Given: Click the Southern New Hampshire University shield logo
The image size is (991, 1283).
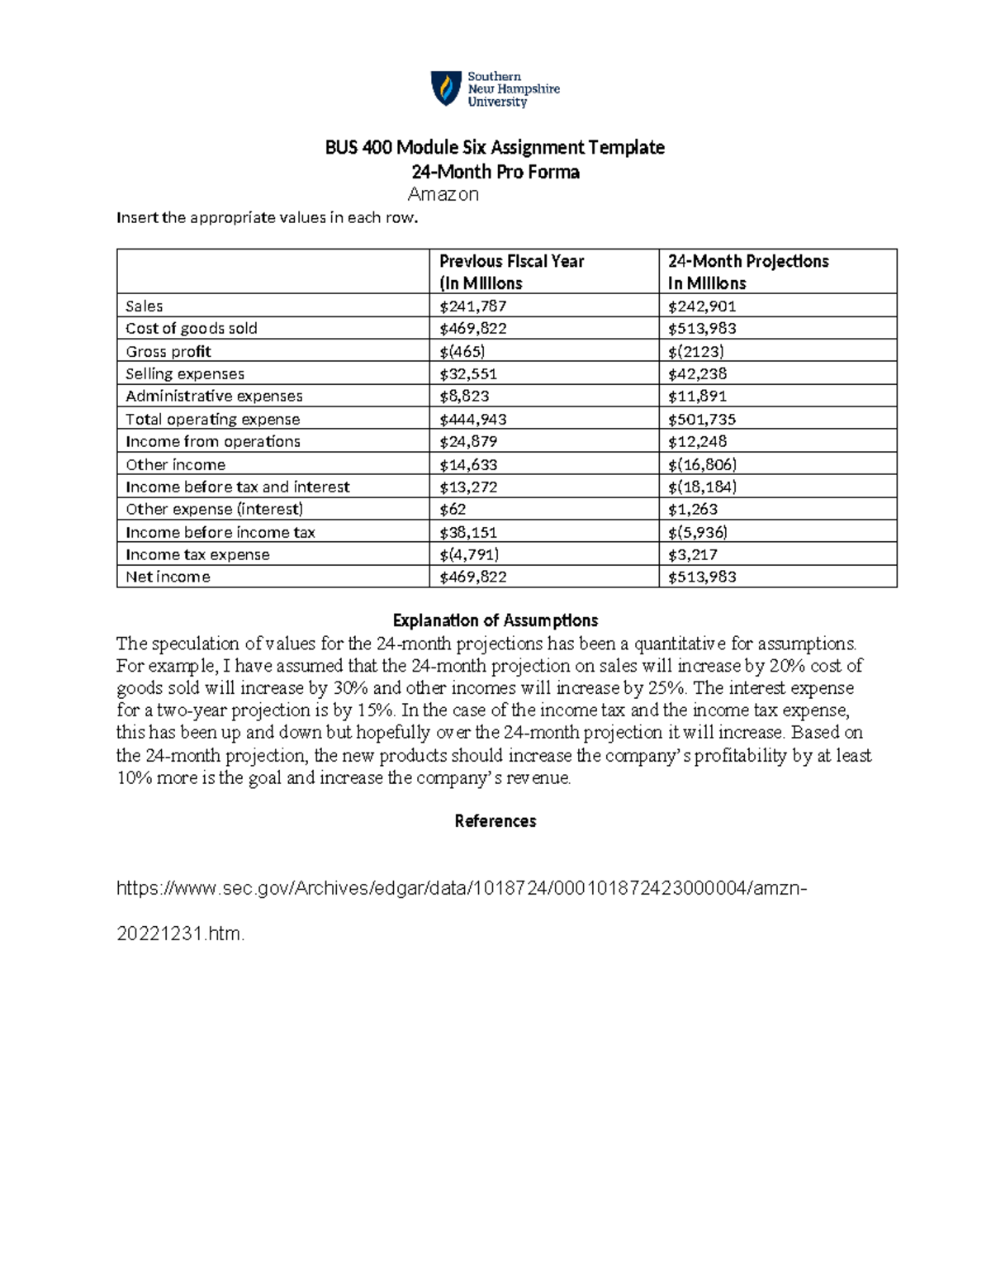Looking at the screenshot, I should coord(446,88).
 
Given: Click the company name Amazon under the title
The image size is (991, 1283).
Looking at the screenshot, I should coord(443,195).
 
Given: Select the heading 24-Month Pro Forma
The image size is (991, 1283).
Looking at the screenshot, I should coord(495,172).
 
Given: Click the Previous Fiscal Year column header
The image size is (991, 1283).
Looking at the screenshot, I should coord(511,272).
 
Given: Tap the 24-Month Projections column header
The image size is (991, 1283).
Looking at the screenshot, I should coord(747,272).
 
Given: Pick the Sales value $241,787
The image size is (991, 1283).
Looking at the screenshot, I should coord(472,306).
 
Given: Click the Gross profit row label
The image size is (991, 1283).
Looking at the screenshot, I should coord(168,352).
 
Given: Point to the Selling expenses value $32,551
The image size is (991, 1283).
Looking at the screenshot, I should coord(468,374).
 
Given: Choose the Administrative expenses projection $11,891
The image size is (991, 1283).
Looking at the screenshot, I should coord(697,397).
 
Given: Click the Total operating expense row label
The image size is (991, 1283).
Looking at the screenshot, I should coord(212,420).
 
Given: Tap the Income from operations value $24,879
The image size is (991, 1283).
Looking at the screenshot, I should coord(468,442).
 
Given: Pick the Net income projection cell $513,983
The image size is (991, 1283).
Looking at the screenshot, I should coord(702,577).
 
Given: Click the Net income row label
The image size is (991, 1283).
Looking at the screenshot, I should coord(168,577).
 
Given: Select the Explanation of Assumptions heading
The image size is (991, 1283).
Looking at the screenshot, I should coord(495,620).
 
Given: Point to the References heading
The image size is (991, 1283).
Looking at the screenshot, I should coord(495,821).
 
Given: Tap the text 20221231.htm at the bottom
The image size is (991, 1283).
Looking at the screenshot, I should coord(181,934).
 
